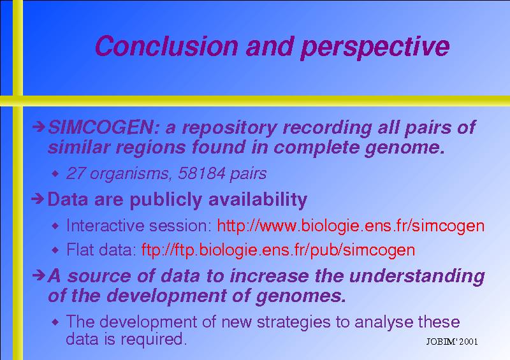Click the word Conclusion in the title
167,46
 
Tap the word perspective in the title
375,48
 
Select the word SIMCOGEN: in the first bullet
104,127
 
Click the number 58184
201,173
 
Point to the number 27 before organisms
76,173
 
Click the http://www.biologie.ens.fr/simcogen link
351,226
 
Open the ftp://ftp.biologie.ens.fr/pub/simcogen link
278,250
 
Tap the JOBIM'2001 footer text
452,342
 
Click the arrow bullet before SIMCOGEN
38,126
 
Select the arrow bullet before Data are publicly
38,199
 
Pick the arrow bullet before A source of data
38,275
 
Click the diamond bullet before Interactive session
55,226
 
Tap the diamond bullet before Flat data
55,250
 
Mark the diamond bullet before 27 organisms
55,174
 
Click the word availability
258,199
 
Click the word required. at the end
154,340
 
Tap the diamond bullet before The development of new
55,322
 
